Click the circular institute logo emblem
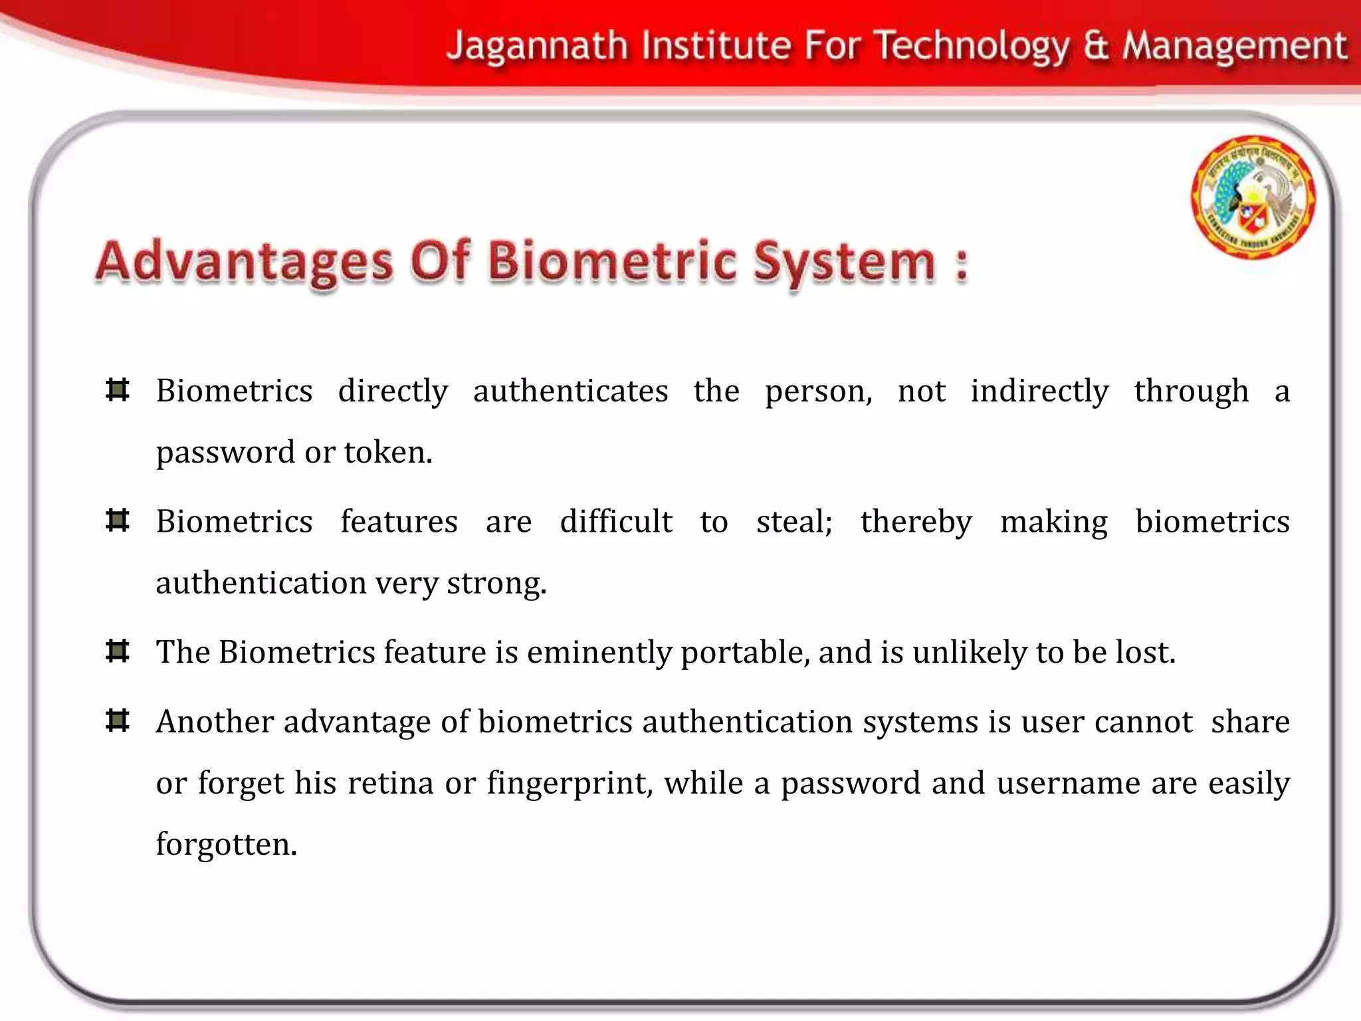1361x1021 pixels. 1253,197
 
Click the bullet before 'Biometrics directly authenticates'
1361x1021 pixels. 118,390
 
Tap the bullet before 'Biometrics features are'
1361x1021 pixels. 118,520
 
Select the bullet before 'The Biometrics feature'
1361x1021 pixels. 118,651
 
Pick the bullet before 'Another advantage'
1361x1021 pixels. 118,721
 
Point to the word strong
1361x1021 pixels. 495,584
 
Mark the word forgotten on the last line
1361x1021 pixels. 225,845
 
